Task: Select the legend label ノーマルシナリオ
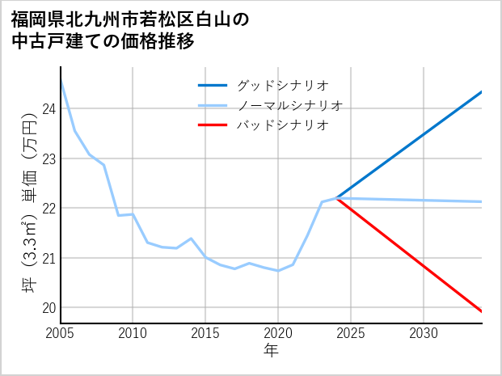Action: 290,105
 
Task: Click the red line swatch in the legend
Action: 213,125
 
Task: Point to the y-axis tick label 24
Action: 48,109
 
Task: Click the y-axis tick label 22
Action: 48,209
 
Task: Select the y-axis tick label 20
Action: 48,308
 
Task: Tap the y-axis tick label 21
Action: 48,259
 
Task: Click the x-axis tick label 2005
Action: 61,333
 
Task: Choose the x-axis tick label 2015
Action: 205,333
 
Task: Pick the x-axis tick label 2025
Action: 351,333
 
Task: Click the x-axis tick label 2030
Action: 424,333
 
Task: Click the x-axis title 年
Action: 271,351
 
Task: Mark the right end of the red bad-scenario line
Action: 482,311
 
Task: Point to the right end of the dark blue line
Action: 482,91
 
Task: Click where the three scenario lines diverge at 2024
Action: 336,198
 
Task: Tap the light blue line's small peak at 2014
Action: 191,239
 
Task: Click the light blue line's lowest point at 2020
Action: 278,271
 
